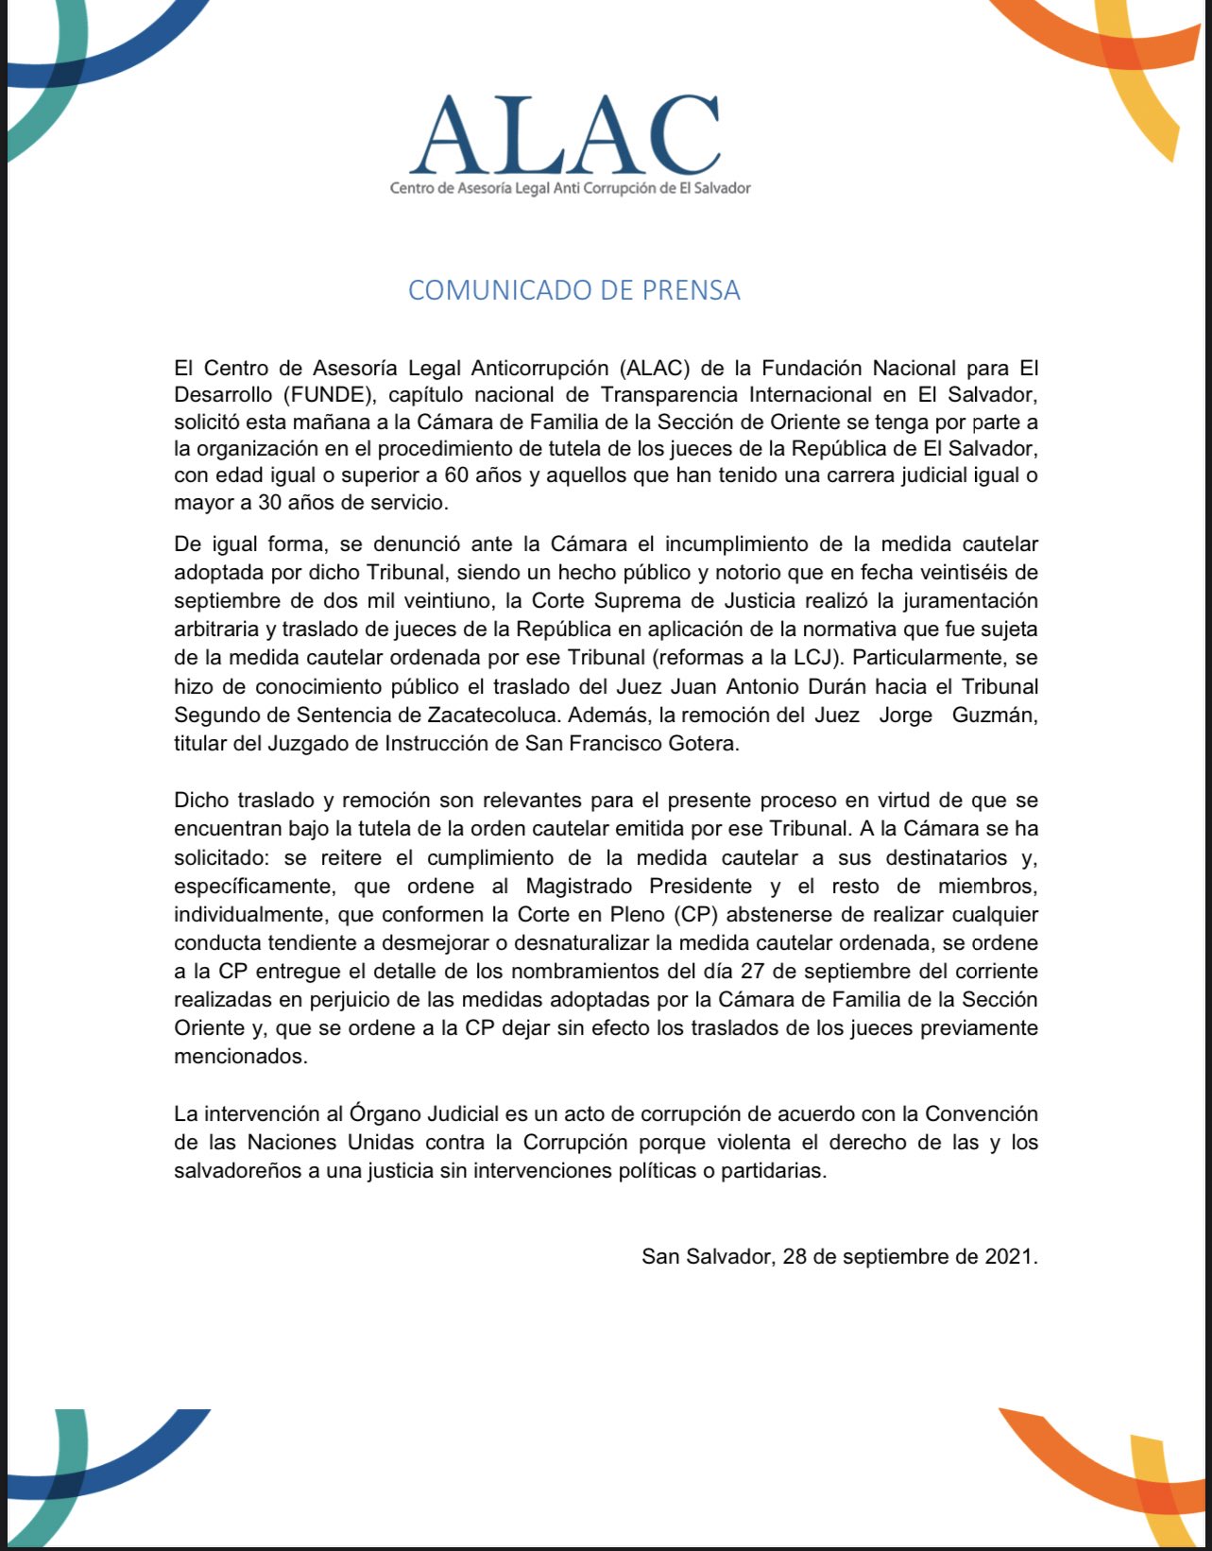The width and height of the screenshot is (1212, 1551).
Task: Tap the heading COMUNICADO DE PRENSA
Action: (573, 290)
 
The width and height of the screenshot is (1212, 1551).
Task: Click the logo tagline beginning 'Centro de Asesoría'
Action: (570, 188)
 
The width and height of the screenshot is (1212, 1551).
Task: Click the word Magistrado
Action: (577, 887)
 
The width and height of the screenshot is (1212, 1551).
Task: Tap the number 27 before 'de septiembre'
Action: (752, 972)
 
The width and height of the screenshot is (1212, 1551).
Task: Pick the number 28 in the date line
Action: (794, 1257)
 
